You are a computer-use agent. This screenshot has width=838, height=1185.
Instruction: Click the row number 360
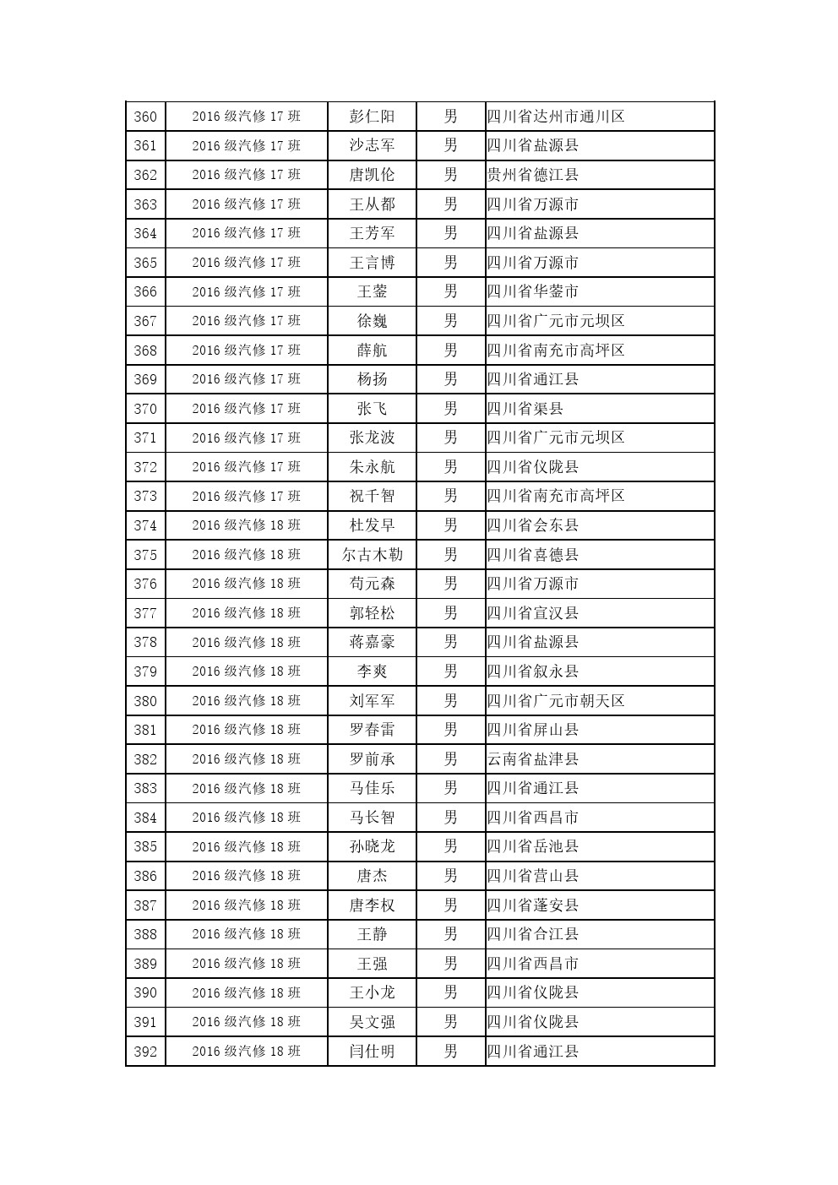point(145,117)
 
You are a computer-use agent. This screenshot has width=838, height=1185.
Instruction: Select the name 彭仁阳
point(372,117)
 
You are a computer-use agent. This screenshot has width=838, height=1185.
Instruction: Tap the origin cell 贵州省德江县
point(533,175)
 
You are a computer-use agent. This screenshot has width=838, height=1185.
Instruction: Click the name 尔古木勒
point(372,555)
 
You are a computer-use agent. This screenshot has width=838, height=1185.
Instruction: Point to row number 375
point(145,555)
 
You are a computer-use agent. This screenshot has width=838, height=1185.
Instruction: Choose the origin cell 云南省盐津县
point(533,759)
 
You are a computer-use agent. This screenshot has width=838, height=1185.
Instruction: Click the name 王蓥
point(372,292)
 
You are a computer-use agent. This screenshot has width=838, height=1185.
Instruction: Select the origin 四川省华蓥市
point(533,292)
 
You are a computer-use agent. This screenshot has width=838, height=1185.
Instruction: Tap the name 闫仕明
point(372,1052)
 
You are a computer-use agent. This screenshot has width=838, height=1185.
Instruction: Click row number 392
point(145,1052)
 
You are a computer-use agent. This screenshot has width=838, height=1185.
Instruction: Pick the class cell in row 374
point(246,525)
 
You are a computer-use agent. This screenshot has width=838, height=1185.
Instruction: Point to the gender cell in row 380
point(450,701)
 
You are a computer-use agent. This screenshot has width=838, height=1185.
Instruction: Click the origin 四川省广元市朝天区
point(556,701)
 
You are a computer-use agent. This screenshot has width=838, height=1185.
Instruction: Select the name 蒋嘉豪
point(372,643)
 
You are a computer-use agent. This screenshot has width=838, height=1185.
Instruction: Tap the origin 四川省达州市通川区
point(556,117)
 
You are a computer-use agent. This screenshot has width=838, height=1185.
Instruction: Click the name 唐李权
point(372,905)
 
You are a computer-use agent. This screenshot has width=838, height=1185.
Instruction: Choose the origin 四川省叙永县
point(533,671)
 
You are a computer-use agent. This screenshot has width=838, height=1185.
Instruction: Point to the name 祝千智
point(372,496)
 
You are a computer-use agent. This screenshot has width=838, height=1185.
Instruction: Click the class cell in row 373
point(246,496)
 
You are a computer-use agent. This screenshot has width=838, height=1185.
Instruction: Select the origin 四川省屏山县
point(533,730)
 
